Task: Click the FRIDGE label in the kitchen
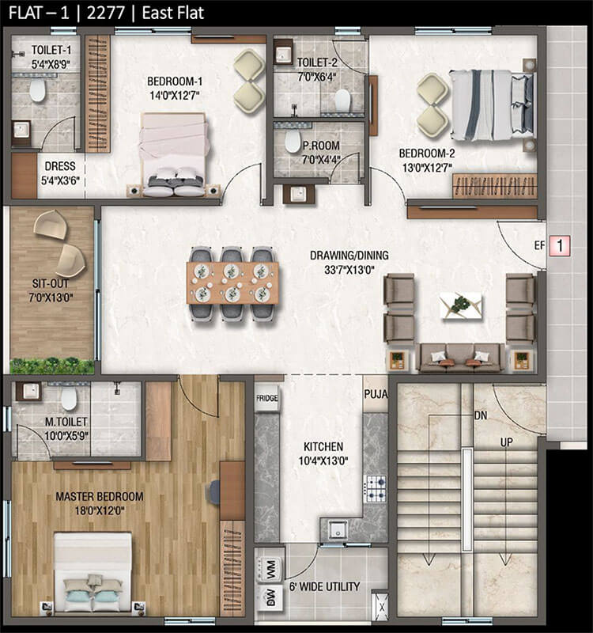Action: tap(266, 398)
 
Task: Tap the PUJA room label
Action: tap(376, 394)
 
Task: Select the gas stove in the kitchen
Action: tap(375, 488)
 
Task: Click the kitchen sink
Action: tap(337, 529)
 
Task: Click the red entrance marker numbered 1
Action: tap(560, 245)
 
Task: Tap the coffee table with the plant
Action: tap(461, 305)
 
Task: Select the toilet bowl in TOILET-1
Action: tap(37, 89)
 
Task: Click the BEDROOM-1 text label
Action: tap(175, 81)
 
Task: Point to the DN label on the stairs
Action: tap(481, 415)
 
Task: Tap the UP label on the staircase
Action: tap(506, 442)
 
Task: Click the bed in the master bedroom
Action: tap(93, 571)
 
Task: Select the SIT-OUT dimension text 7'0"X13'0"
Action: tap(51, 298)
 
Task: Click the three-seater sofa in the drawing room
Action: tap(462, 358)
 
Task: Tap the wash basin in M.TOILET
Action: tap(29, 390)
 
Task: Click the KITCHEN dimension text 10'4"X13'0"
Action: tap(323, 461)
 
